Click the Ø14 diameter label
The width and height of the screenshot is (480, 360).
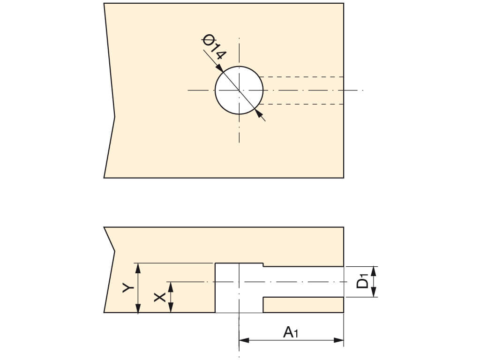214,47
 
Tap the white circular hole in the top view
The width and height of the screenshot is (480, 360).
239,90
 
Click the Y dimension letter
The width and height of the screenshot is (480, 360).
128,288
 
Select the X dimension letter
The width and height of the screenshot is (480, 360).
160,297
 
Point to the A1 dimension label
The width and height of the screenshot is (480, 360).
291,332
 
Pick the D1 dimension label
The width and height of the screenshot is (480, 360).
363,282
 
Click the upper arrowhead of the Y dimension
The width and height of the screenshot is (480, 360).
138,268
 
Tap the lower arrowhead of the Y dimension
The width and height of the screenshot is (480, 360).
138,308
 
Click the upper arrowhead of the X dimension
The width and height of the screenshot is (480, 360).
171,286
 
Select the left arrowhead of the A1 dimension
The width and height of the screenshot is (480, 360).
244,340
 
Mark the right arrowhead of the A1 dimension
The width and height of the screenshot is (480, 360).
338,340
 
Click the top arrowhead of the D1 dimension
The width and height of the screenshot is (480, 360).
374,271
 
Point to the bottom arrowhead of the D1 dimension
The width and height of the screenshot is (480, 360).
374,292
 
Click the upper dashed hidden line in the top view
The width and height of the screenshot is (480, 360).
301,76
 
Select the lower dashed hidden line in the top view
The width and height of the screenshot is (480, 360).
301,104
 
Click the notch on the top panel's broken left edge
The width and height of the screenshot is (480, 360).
115,117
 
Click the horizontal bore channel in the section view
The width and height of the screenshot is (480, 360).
303,282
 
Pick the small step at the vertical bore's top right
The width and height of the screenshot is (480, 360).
263,265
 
